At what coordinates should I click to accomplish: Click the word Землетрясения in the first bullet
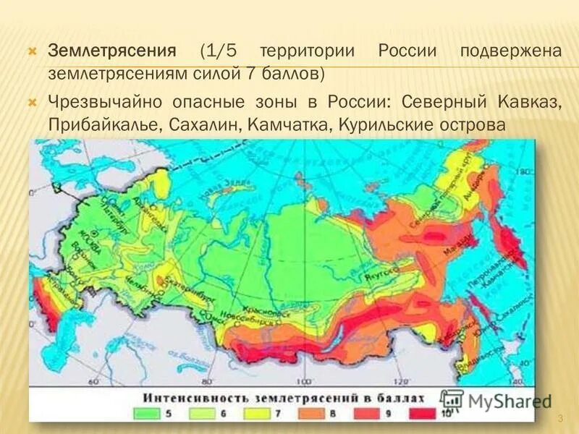[x=112, y=53]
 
